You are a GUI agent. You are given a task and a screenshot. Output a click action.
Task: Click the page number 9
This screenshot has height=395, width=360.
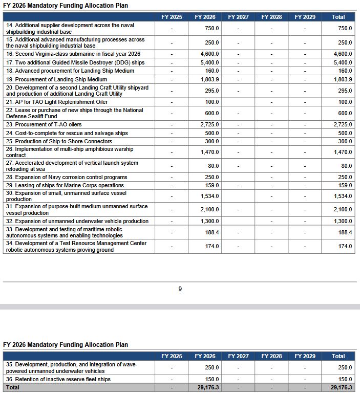point(180,289)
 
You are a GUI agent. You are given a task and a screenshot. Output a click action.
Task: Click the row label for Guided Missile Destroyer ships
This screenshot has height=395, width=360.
point(75,62)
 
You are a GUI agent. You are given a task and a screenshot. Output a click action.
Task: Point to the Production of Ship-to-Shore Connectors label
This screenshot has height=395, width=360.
point(59,141)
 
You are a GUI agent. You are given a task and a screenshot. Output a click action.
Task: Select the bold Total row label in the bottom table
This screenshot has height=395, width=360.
point(13,388)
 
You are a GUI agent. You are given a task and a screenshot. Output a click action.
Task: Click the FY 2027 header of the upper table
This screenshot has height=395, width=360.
point(238,17)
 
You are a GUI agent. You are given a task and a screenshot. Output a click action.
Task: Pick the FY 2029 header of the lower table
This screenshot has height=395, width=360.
point(305,356)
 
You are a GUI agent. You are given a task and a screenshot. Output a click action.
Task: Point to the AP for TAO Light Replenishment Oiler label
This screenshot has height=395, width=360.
point(57,102)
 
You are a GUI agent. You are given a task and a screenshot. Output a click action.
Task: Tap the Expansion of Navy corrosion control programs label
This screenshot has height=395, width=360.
point(67,177)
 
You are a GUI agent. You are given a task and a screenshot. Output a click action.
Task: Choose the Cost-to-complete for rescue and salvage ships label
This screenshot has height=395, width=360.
point(67,133)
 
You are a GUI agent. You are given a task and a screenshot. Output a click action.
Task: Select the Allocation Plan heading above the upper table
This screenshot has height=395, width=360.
point(66,6)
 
